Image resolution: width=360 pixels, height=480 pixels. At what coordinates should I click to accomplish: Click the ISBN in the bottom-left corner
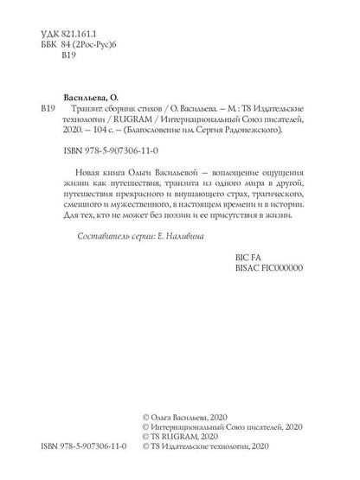pyautogui.click(x=84, y=451)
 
